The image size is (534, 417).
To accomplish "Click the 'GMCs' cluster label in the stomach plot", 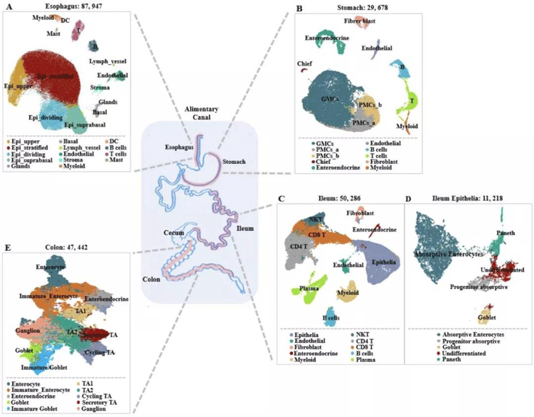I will [x=330, y=99].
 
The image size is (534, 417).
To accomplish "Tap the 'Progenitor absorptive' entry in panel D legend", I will [x=456, y=341].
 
